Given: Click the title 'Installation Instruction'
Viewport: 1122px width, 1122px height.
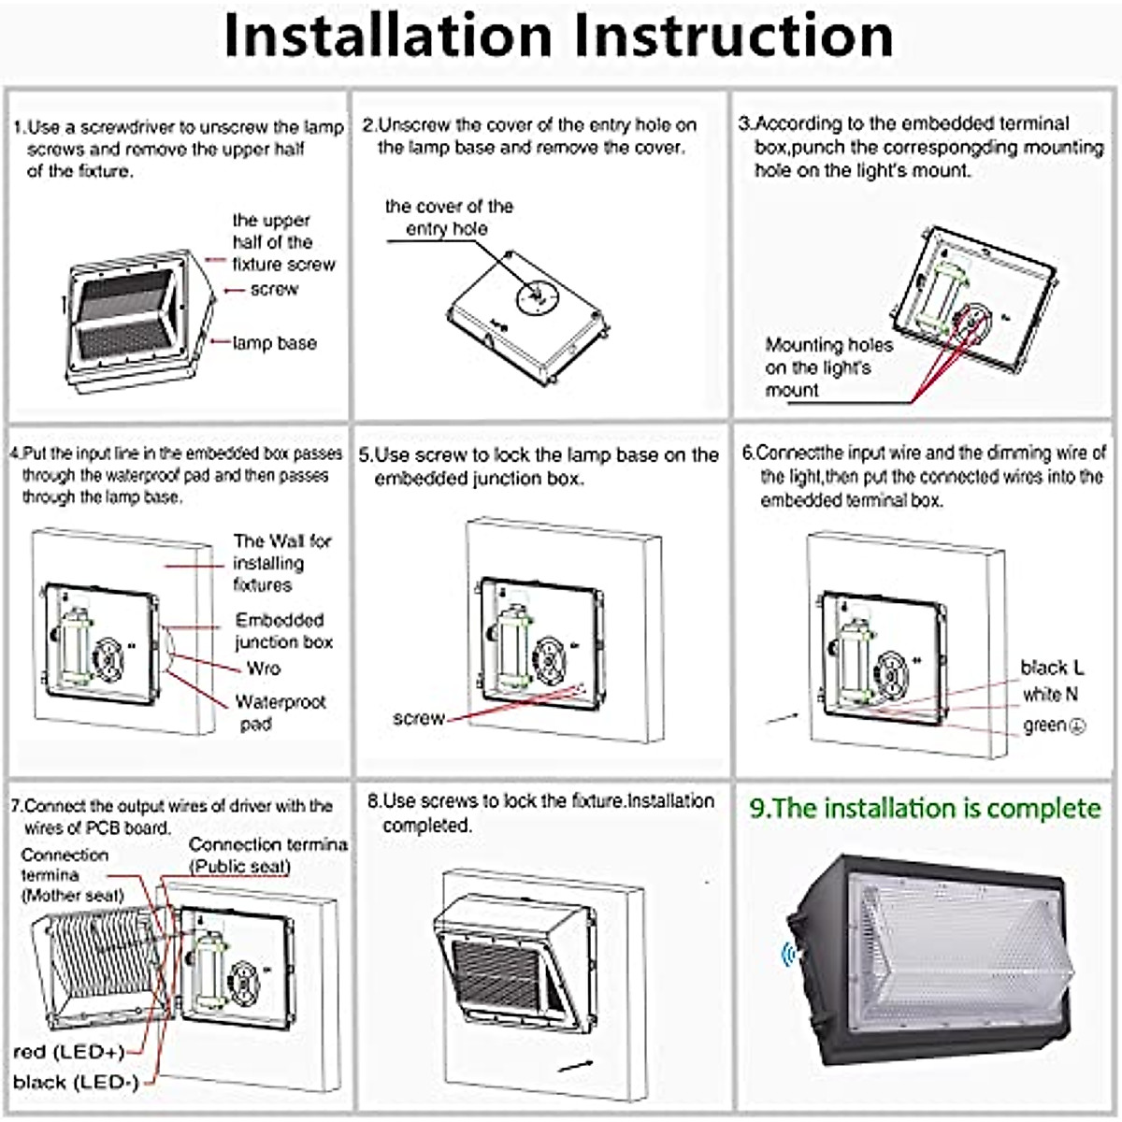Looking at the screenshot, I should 559,37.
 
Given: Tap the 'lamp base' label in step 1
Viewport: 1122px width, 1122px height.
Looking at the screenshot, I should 274,343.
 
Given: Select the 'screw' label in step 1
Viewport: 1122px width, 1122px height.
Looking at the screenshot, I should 274,290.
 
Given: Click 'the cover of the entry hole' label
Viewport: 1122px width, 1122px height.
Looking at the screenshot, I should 449,217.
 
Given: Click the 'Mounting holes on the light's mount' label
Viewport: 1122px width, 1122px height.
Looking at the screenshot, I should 828,367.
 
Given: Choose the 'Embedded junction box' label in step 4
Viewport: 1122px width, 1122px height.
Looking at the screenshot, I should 283,631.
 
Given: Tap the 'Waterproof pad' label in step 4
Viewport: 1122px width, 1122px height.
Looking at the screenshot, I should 280,712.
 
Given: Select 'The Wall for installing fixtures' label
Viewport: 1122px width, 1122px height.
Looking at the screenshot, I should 281,563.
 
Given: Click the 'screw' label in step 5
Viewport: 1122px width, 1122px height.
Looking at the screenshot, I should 418,718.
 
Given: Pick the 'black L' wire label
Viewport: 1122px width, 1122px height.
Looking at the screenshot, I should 1052,668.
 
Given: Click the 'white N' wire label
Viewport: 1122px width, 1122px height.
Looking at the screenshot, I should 1050,695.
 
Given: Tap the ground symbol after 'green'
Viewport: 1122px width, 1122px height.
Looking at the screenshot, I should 1077,726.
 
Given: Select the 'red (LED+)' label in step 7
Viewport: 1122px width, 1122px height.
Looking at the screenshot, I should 69,1052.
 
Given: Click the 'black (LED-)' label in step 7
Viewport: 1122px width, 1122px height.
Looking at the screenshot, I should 76,1083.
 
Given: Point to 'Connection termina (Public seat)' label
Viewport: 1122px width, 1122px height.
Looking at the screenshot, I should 267,856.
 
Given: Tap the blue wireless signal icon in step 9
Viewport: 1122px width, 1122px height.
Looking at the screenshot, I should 788,955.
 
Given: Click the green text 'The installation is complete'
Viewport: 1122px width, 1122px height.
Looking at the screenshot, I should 925,809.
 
